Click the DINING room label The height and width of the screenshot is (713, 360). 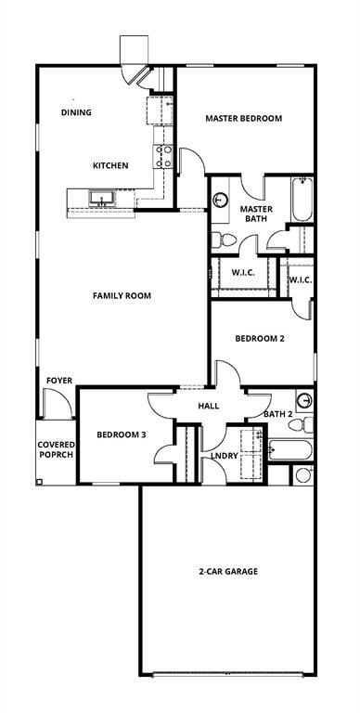[x=77, y=112]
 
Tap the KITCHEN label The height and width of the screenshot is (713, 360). [x=109, y=166]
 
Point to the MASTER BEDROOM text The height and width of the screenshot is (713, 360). [x=243, y=119]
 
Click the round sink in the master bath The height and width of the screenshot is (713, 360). [x=222, y=200]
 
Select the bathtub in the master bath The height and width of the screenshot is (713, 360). [x=302, y=199]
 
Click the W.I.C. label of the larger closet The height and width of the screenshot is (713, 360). [x=243, y=273]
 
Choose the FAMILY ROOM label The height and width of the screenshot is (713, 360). [x=122, y=296]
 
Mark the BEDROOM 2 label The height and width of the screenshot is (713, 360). [x=259, y=339]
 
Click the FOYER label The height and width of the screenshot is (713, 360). [x=59, y=381]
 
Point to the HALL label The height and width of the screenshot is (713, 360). [x=208, y=406]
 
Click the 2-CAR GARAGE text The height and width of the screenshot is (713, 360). [x=227, y=571]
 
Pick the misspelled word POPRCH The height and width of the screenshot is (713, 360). [x=56, y=457]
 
